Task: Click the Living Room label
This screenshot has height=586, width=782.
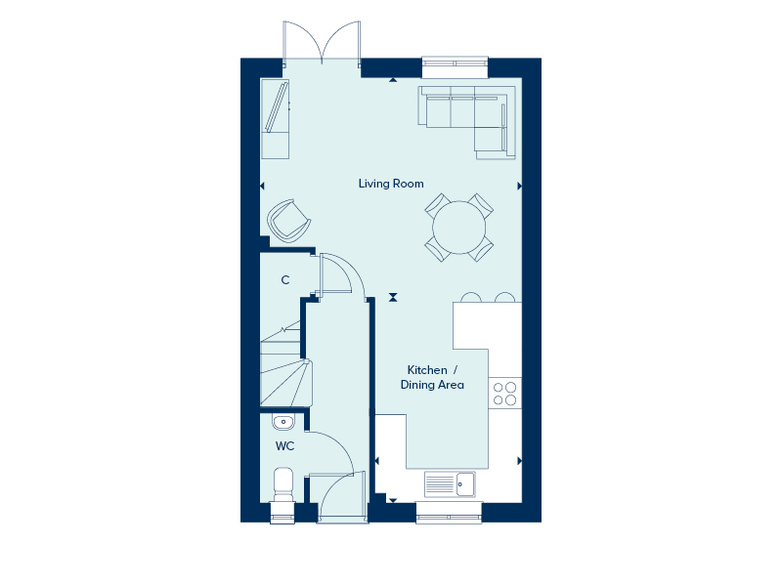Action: pos(391,184)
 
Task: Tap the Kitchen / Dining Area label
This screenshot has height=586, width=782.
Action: pos(432,377)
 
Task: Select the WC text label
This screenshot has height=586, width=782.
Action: pos(284,446)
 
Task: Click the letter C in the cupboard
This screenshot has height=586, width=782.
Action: pos(285,280)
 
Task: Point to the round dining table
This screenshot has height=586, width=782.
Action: pos(458,228)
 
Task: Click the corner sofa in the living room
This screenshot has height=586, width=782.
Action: pos(467,122)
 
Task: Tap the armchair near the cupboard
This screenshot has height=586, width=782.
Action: pos(288,221)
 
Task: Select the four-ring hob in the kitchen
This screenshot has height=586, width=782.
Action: pos(504,394)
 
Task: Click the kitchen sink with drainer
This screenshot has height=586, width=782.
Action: pos(450,483)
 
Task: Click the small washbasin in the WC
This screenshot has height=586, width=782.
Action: pos(283,422)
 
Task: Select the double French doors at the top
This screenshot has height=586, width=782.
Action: pos(322,42)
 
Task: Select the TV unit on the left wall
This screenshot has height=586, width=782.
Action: pos(276,119)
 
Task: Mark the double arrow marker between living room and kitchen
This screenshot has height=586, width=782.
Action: pos(393,298)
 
